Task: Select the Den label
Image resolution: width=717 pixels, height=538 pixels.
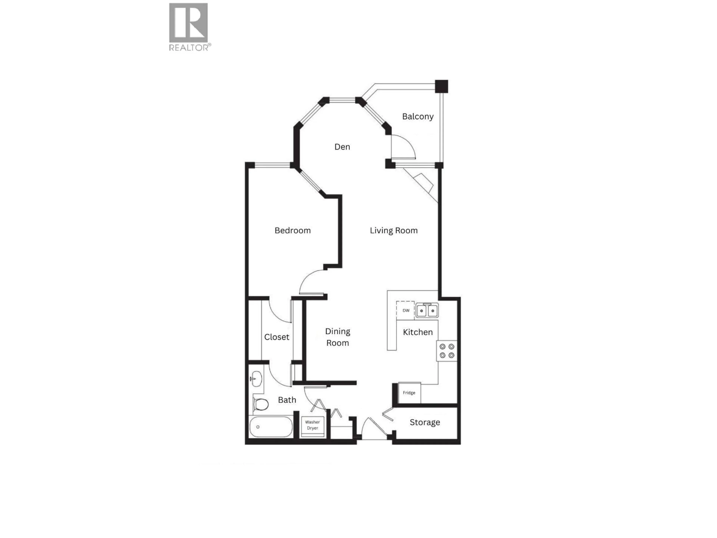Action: click(x=342, y=147)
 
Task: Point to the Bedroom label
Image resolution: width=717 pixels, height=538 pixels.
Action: click(x=292, y=231)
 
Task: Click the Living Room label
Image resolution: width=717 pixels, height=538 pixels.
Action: click(x=393, y=231)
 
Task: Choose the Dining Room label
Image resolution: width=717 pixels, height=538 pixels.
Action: click(x=337, y=337)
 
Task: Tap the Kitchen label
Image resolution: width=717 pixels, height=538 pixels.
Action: click(x=418, y=332)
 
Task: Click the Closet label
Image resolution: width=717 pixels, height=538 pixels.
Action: click(x=277, y=337)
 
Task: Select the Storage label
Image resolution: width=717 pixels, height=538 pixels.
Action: click(x=425, y=422)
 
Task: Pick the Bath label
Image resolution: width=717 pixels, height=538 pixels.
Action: click(x=287, y=400)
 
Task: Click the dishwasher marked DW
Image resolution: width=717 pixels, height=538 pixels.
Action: click(x=406, y=310)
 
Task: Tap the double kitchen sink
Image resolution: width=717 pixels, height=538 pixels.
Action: click(x=427, y=310)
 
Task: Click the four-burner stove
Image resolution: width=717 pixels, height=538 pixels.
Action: click(x=447, y=351)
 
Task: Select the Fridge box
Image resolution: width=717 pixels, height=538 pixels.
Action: click(x=409, y=393)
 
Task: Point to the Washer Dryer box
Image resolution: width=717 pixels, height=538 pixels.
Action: click(x=312, y=425)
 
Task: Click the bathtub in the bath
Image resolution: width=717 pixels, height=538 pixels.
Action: click(x=271, y=427)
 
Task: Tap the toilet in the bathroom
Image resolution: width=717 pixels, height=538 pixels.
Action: click(x=261, y=404)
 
